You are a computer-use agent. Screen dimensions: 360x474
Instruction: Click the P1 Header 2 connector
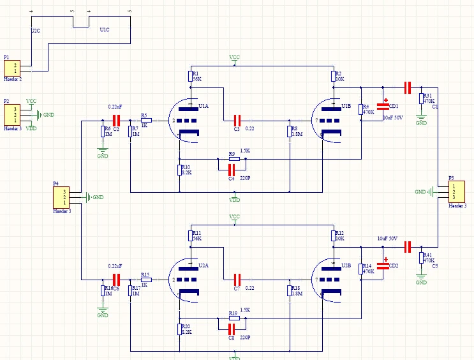(x=13, y=68)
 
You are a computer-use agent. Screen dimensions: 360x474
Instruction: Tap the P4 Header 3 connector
(x=63, y=197)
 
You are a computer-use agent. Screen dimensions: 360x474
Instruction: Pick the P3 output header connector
(x=452, y=191)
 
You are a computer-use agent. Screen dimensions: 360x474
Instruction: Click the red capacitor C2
(x=116, y=120)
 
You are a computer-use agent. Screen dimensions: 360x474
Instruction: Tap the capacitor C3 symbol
(x=237, y=120)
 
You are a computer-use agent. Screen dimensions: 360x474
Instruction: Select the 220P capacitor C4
(x=231, y=169)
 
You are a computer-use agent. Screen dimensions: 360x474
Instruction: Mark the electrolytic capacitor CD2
(x=383, y=266)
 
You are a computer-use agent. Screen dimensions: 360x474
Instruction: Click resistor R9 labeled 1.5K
(x=233, y=158)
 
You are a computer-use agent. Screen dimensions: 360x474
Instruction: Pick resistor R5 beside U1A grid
(x=146, y=120)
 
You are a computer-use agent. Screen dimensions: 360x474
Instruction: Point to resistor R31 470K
(x=421, y=98)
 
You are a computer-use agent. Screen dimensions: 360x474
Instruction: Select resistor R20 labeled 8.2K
(x=179, y=329)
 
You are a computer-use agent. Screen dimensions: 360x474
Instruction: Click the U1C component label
(x=104, y=30)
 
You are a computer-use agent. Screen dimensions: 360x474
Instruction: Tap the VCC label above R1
(x=234, y=57)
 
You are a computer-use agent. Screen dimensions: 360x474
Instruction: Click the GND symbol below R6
(x=103, y=153)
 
